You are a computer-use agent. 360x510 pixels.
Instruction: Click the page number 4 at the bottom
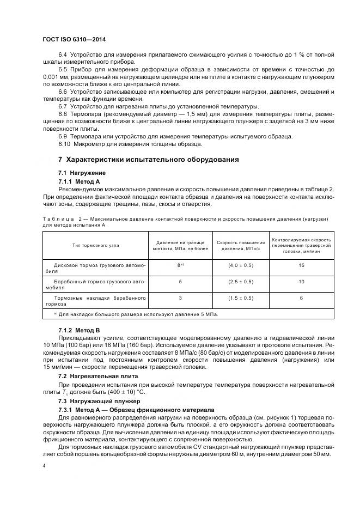pos(44,466)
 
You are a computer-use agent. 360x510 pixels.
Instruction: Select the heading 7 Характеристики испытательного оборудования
pos(148,160)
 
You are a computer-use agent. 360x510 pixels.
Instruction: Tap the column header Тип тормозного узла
pos(95,245)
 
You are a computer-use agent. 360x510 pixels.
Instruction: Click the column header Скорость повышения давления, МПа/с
pos(240,245)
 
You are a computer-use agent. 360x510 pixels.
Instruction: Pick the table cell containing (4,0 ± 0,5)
pos(240,266)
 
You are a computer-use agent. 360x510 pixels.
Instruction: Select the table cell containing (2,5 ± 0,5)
pos(240,282)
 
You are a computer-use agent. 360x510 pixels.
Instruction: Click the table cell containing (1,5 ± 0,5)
pos(240,299)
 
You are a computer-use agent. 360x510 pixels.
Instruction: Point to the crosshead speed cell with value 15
pos(301,266)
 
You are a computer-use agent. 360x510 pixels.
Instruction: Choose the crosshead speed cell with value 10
pos(301,282)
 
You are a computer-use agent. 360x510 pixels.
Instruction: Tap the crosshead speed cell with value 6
pos(301,299)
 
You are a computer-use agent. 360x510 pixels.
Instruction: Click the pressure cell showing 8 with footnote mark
pos(180,266)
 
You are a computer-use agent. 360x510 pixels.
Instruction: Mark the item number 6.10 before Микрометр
pos(65,144)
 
